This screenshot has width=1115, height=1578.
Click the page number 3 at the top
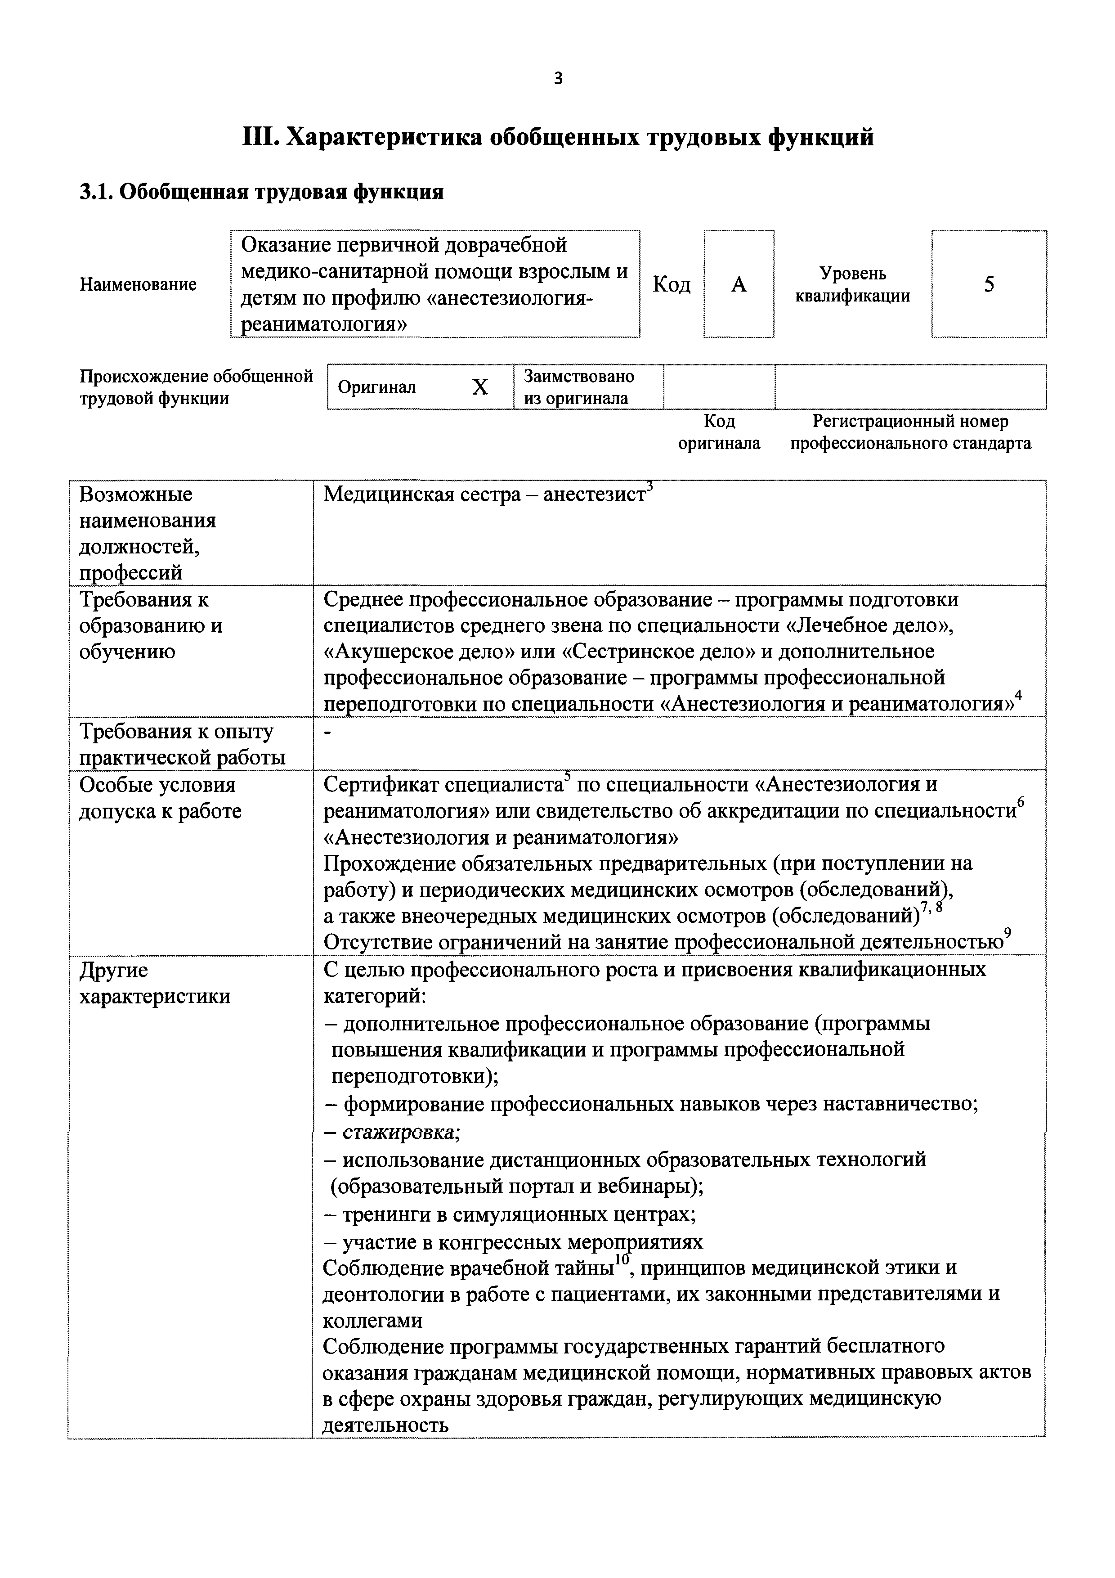557,79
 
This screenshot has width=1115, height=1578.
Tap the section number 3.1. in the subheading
97,192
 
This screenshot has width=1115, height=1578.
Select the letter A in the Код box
739,284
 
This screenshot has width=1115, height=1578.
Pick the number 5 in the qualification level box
989,284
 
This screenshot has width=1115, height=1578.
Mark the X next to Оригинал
480,387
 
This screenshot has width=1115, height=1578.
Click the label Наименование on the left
138,284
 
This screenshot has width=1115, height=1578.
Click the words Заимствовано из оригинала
578,387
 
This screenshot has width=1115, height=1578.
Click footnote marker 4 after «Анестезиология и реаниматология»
1019,696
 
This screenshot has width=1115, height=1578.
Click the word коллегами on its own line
372,1320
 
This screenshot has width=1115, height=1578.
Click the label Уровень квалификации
853,284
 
